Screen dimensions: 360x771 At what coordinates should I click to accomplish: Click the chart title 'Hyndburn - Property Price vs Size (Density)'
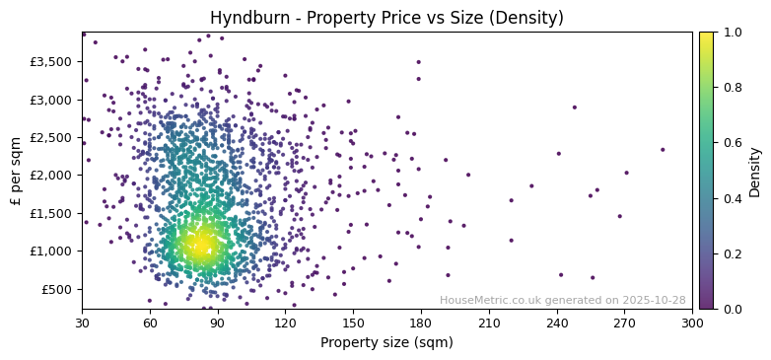coord(386,18)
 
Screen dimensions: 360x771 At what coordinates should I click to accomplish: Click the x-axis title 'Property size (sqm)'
coord(386,343)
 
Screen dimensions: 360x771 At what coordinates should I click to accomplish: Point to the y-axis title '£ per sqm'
coord(16,171)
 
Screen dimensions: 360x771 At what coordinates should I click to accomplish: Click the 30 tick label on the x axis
coord(82,323)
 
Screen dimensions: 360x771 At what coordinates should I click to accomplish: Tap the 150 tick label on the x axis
coord(353,323)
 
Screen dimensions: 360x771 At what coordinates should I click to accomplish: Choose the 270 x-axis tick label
coord(624,323)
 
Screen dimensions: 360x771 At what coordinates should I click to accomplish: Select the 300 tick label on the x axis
coord(692,323)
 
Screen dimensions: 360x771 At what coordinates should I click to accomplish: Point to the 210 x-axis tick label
coord(488,323)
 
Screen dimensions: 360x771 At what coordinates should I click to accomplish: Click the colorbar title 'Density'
coord(755,171)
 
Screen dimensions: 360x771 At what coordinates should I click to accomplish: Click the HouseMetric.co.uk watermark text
coord(562,300)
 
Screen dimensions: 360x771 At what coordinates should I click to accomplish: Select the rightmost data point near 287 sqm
coord(663,150)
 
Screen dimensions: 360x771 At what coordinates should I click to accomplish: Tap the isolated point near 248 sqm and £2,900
coord(574,108)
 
